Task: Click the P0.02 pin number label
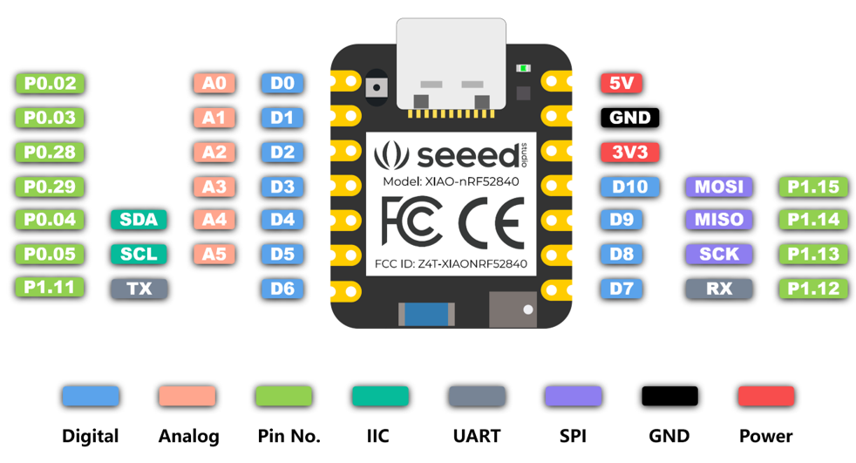[x=51, y=84]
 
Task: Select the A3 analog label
[x=214, y=186]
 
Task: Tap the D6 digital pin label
[x=282, y=288]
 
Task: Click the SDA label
[x=139, y=220]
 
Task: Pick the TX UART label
[x=139, y=288]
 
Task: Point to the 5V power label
[x=622, y=84]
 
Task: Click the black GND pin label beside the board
[x=629, y=118]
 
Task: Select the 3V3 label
[x=629, y=152]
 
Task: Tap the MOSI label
[x=719, y=186]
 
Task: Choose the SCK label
[x=719, y=254]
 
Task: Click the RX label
[x=719, y=288]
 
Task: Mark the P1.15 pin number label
[x=812, y=186]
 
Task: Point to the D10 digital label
[x=629, y=186]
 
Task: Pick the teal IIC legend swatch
[x=380, y=396]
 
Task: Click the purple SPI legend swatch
[x=573, y=396]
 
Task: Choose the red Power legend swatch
[x=765, y=396]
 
